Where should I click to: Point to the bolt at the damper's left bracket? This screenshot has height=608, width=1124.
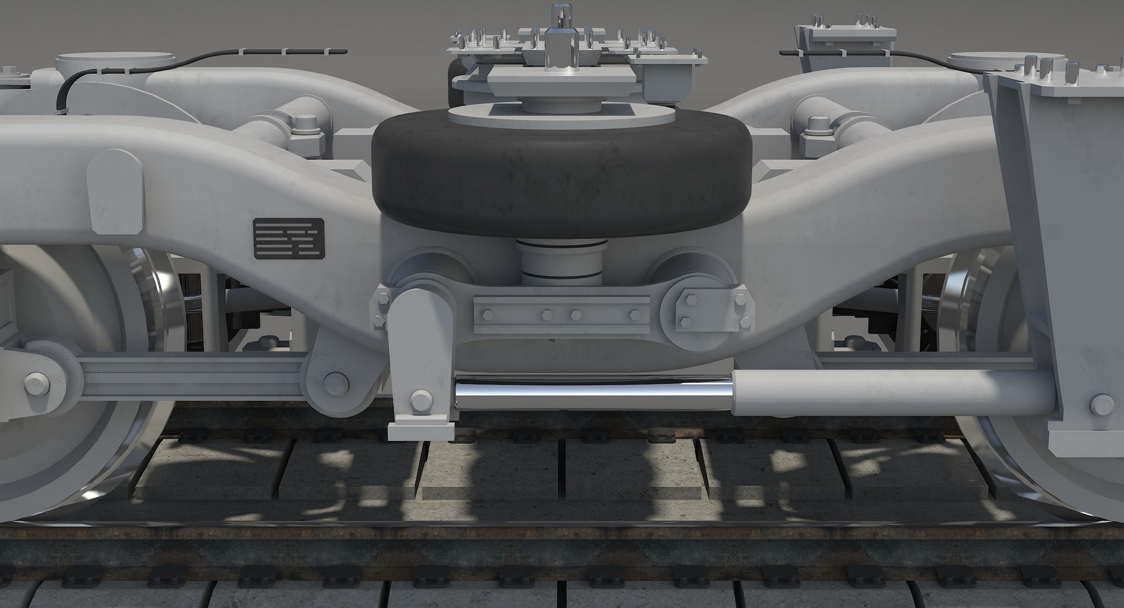coord(420,401)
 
